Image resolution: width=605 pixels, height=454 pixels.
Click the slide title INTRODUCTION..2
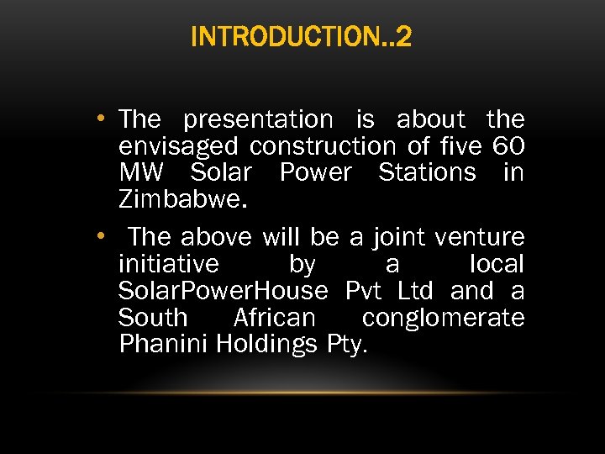[302, 38]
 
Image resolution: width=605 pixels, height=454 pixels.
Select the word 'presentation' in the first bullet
[258, 119]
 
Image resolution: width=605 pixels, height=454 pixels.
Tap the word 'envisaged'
[177, 147]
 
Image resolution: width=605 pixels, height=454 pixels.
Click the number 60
[508, 146]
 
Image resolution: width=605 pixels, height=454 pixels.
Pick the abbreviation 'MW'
[142, 172]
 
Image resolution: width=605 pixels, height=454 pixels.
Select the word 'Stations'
[428, 172]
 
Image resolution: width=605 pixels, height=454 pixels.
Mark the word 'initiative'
[169, 264]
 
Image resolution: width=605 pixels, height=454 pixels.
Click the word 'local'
[497, 264]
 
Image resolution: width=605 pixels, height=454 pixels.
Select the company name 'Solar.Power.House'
[223, 291]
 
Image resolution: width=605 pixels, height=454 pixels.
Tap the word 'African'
[274, 318]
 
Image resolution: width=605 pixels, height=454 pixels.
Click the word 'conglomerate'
[443, 318]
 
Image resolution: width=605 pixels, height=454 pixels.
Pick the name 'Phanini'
[164, 344]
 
